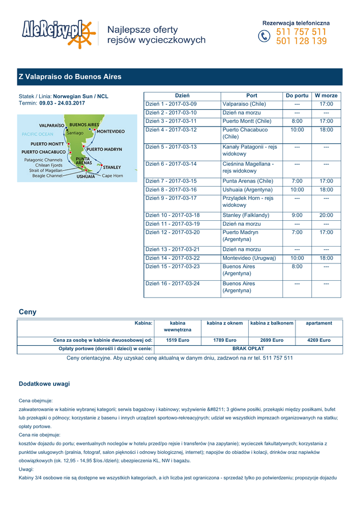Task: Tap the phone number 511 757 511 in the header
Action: tap(301, 32)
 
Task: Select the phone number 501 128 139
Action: tap(301, 41)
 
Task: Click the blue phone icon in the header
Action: tap(264, 37)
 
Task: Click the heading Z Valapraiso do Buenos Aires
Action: tap(70, 77)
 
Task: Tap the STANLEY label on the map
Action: tap(112, 167)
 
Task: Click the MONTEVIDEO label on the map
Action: tap(110, 131)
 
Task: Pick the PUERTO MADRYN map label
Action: tap(104, 149)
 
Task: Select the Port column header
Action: tap(252, 95)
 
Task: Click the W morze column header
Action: tap(326, 95)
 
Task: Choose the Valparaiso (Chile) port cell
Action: tap(244, 104)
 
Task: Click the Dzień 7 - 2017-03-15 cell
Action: tap(171, 181)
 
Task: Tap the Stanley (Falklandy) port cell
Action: tap(246, 215)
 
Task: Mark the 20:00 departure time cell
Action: tap(326, 215)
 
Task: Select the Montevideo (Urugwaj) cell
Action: tap(249, 258)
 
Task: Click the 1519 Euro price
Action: tap(177, 340)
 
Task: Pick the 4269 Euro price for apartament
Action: tap(319, 340)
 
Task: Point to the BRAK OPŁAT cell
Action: tap(248, 349)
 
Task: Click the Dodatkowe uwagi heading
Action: tap(44, 383)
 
